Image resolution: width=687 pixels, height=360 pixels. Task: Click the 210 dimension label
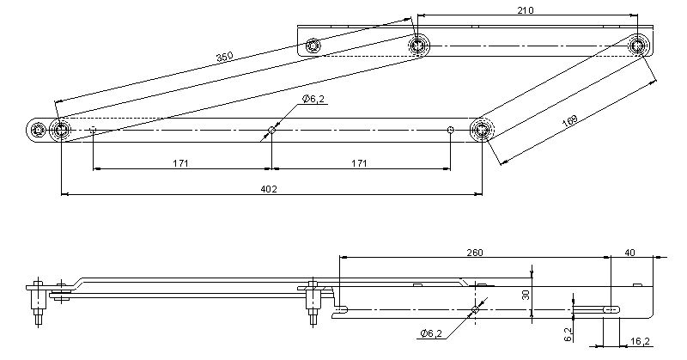(x=526, y=10)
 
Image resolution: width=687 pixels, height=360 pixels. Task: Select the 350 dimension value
(x=224, y=58)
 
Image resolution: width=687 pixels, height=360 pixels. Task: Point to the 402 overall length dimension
(x=268, y=190)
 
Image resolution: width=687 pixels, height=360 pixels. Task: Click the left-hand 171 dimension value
(x=180, y=162)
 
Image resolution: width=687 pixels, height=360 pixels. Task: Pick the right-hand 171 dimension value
(x=359, y=162)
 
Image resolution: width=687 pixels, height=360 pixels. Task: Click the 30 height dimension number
(x=526, y=294)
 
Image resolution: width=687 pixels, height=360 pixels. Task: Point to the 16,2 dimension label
(x=640, y=341)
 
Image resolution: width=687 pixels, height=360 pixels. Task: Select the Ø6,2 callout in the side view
(x=430, y=333)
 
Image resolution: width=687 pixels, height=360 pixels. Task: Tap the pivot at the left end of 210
(x=419, y=44)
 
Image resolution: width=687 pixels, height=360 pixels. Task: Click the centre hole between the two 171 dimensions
(x=271, y=131)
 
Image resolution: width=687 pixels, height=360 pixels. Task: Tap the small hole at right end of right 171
(x=450, y=131)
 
